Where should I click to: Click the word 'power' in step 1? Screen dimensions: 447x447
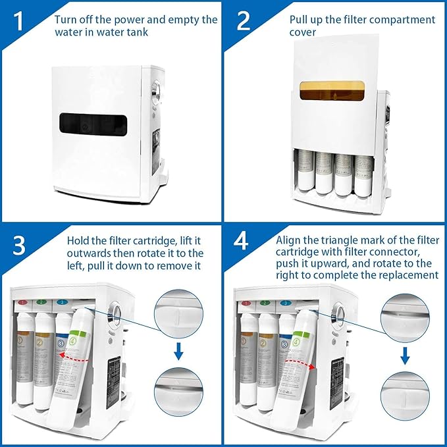pyautogui.click(x=138, y=20)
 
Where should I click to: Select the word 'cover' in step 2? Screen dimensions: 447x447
pyautogui.click(x=303, y=32)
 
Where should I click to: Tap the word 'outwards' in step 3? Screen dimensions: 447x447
pyautogui.click(x=90, y=253)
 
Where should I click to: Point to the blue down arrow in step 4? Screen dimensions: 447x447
pyautogui.click(x=406, y=355)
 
